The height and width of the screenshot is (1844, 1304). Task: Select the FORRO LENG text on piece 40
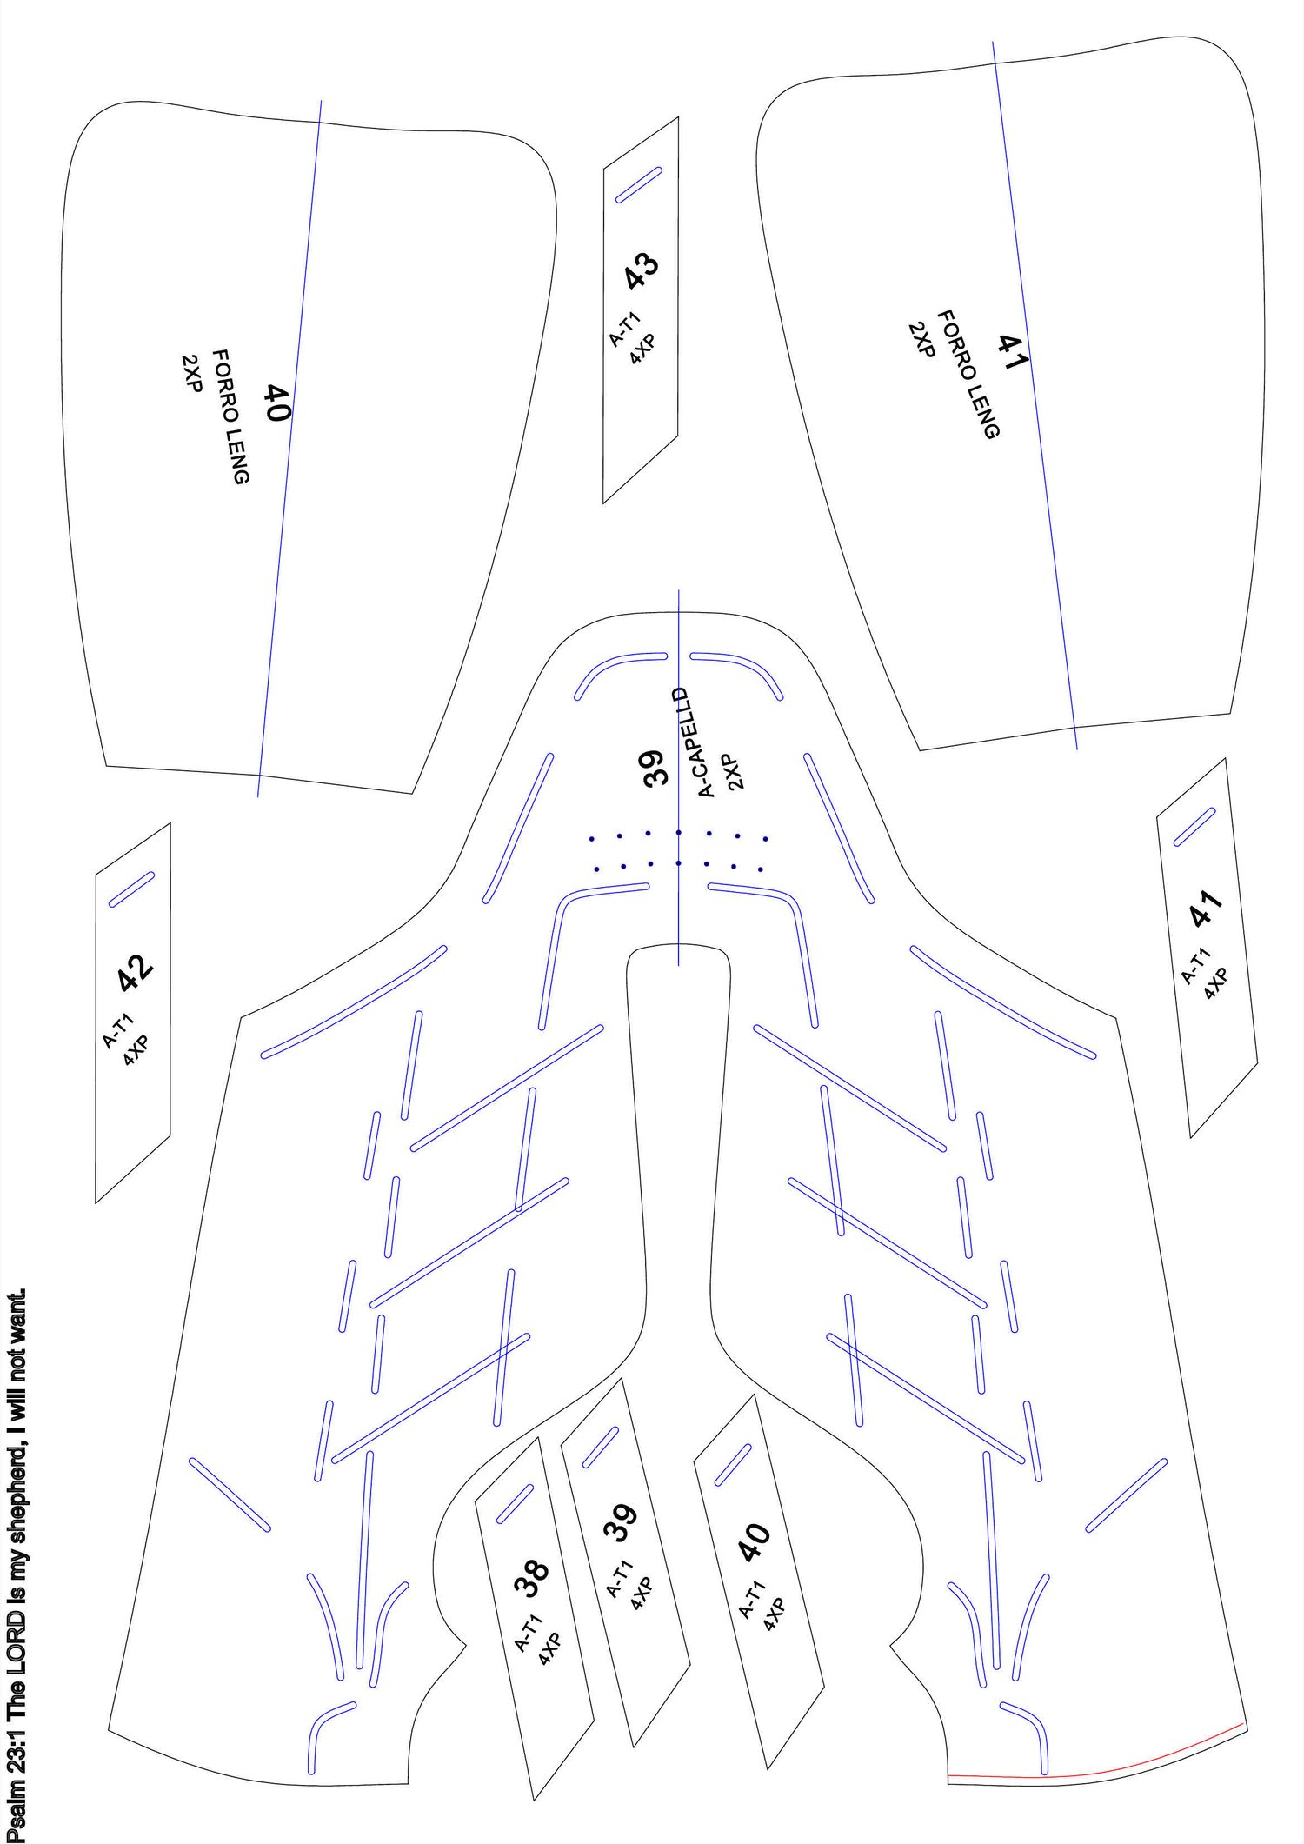[x=231, y=416]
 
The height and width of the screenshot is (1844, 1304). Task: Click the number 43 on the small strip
[x=642, y=270]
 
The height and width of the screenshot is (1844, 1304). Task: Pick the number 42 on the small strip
[x=136, y=974]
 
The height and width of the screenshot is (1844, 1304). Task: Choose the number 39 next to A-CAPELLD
[x=655, y=768]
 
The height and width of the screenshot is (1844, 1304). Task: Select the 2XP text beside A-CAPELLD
[x=735, y=772]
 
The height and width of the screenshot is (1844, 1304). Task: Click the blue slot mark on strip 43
[x=639, y=184]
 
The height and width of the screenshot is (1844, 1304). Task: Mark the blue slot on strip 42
[x=131, y=889]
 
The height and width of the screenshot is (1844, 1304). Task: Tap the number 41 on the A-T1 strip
[x=1206, y=907]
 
